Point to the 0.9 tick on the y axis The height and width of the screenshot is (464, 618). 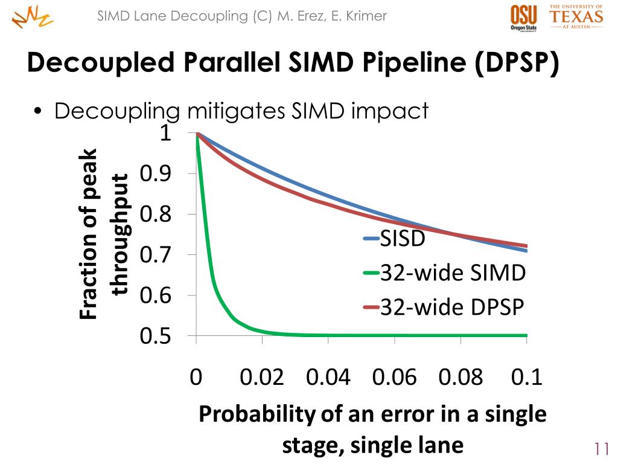(156, 174)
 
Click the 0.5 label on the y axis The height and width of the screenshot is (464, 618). (156, 336)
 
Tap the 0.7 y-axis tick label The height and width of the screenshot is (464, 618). (156, 255)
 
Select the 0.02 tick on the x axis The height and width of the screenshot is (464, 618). (262, 378)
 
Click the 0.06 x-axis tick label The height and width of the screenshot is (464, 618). (395, 378)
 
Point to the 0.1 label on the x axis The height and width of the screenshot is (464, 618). (527, 378)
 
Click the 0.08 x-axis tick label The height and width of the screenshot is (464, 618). (461, 378)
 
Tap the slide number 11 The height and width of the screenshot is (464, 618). (600, 449)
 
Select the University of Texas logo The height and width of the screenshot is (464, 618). (576, 16)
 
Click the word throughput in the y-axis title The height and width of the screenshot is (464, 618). (120, 234)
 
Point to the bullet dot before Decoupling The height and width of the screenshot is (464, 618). (39, 112)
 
